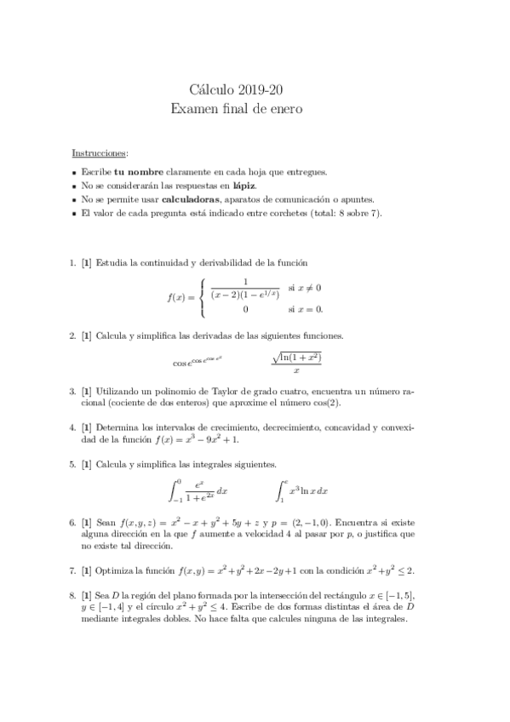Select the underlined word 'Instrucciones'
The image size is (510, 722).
tap(100, 153)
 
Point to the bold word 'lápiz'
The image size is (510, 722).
tap(243, 185)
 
